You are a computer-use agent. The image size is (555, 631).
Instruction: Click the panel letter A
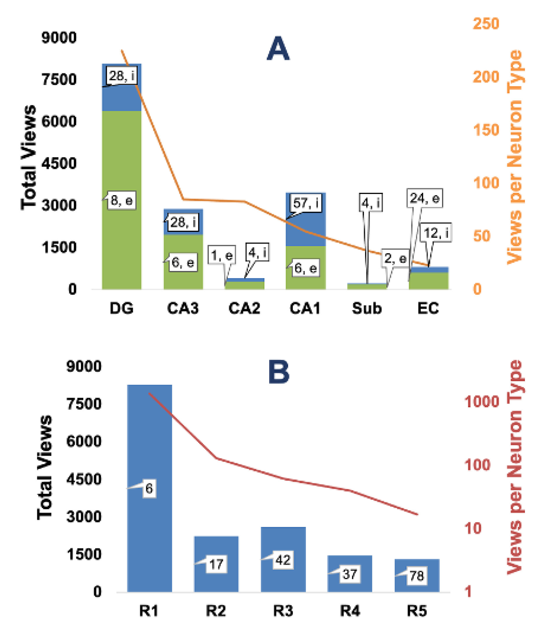click(278, 49)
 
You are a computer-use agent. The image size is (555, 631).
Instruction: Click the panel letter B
click(279, 372)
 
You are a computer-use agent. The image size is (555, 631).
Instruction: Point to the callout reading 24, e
click(424, 198)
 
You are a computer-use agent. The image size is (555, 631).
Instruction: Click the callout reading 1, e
click(222, 255)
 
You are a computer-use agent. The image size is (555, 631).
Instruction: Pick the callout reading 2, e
click(395, 258)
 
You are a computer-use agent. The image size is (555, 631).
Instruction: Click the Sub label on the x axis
click(366, 308)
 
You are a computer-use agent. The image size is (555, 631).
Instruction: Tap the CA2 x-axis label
click(244, 308)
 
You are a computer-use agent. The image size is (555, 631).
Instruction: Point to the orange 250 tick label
click(486, 23)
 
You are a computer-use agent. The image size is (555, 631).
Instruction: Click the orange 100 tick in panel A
click(486, 183)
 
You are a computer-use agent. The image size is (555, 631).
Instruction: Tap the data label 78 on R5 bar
click(417, 576)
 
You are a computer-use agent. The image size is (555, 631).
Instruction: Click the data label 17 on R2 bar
click(216, 564)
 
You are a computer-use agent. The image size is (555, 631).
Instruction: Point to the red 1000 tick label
click(482, 402)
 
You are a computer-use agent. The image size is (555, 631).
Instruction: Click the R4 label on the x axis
click(349, 611)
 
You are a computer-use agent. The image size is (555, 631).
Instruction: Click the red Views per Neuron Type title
click(515, 466)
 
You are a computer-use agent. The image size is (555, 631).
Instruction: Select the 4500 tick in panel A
click(59, 163)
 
